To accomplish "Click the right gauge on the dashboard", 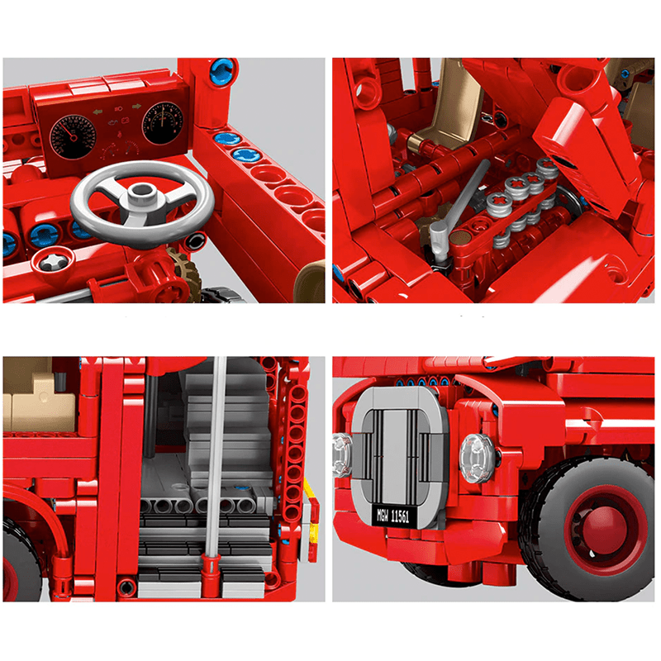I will (162, 121).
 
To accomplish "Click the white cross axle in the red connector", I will (51, 263).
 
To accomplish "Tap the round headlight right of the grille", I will (477, 454).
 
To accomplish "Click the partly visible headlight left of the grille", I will (341, 450).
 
